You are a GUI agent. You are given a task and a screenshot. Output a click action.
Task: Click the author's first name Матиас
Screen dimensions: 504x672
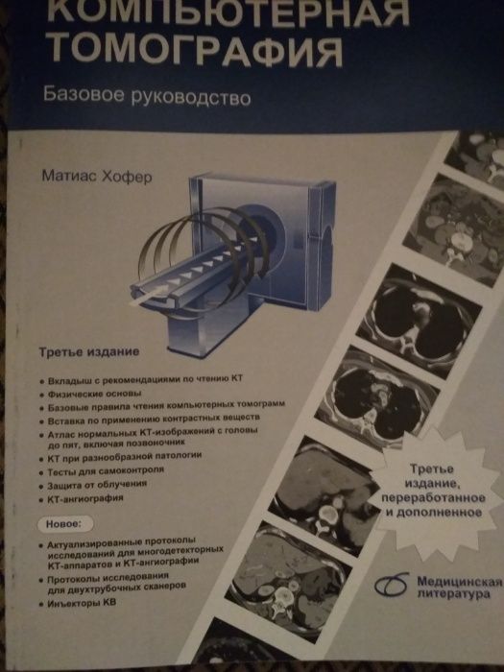tap(69, 176)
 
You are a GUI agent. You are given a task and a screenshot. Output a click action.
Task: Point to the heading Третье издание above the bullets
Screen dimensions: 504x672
tap(89, 352)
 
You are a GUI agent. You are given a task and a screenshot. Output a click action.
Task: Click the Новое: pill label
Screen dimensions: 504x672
tap(64, 524)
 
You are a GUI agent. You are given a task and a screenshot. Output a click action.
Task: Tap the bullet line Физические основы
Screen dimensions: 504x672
tap(94, 394)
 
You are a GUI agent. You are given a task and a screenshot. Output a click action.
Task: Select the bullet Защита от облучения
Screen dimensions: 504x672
tap(97, 484)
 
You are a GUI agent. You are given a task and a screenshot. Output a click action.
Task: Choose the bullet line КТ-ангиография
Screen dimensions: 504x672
tap(85, 498)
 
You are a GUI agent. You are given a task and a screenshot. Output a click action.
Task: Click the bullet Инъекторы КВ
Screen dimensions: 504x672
tap(82, 603)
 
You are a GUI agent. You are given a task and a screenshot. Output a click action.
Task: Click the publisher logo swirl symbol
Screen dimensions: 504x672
tap(391, 585)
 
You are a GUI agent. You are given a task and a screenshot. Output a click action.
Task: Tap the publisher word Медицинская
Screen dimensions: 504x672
tap(459, 582)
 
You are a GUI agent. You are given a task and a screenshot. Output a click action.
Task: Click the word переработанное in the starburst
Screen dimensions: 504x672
tap(433, 498)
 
